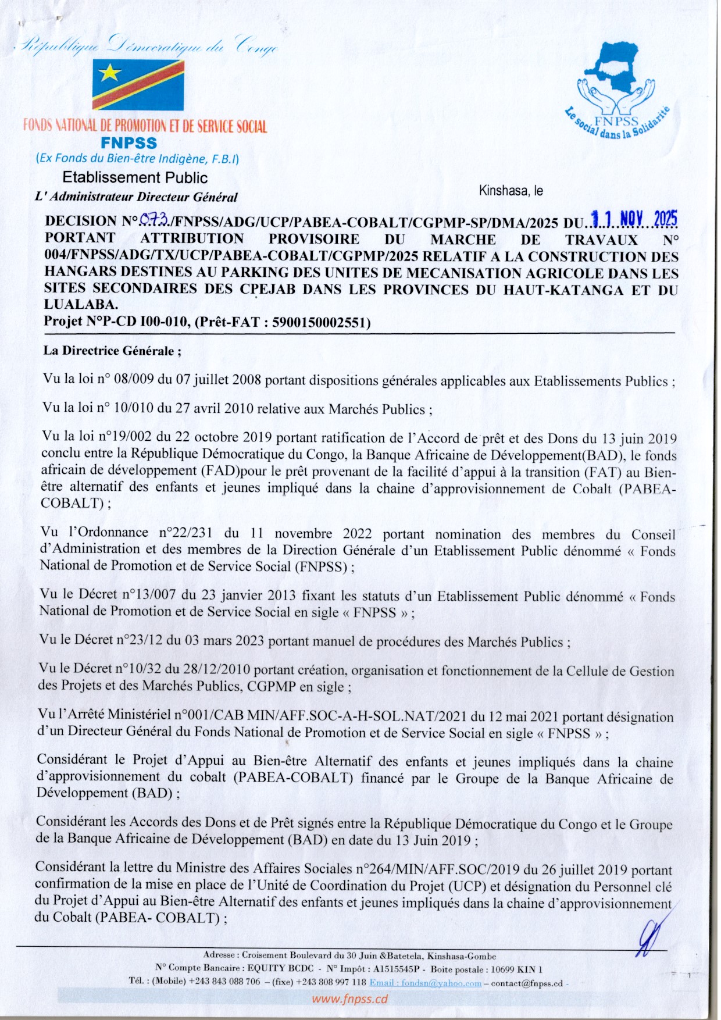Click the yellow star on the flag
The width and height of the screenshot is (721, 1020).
click(x=110, y=73)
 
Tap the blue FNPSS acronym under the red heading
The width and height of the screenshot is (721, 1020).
click(x=129, y=143)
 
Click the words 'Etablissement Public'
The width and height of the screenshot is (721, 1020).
click(x=135, y=177)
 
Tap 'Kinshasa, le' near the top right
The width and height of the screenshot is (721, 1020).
click(x=511, y=191)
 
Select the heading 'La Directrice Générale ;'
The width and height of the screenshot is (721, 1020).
click(x=112, y=351)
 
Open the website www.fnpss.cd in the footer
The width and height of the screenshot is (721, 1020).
click(x=349, y=999)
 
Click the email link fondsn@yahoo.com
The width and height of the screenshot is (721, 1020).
click(x=425, y=983)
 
